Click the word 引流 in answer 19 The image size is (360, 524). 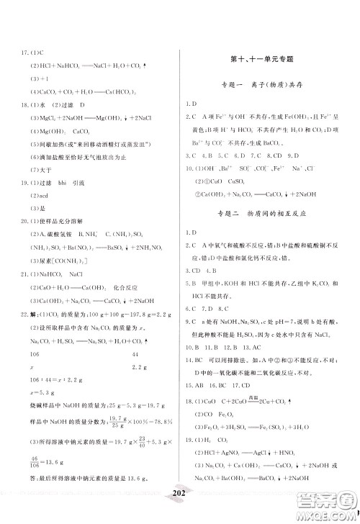91,184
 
